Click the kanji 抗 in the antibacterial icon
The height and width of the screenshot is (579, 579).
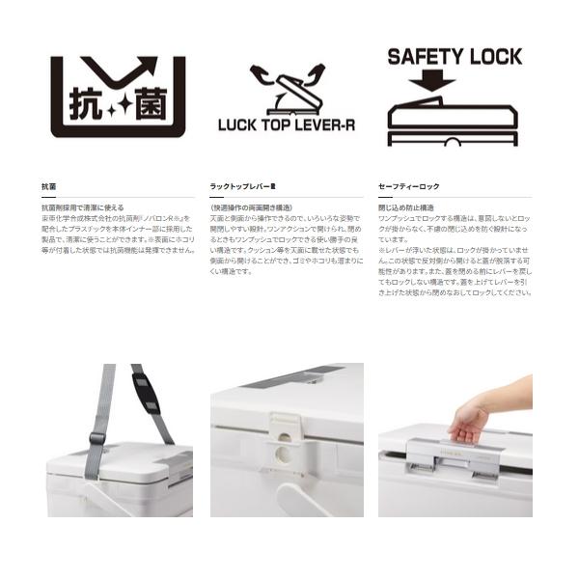coord(84,103)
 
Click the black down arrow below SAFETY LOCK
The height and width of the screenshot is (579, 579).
coord(431,80)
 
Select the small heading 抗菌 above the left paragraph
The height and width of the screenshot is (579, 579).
coord(48,185)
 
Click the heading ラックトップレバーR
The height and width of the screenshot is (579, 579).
coord(242,185)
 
